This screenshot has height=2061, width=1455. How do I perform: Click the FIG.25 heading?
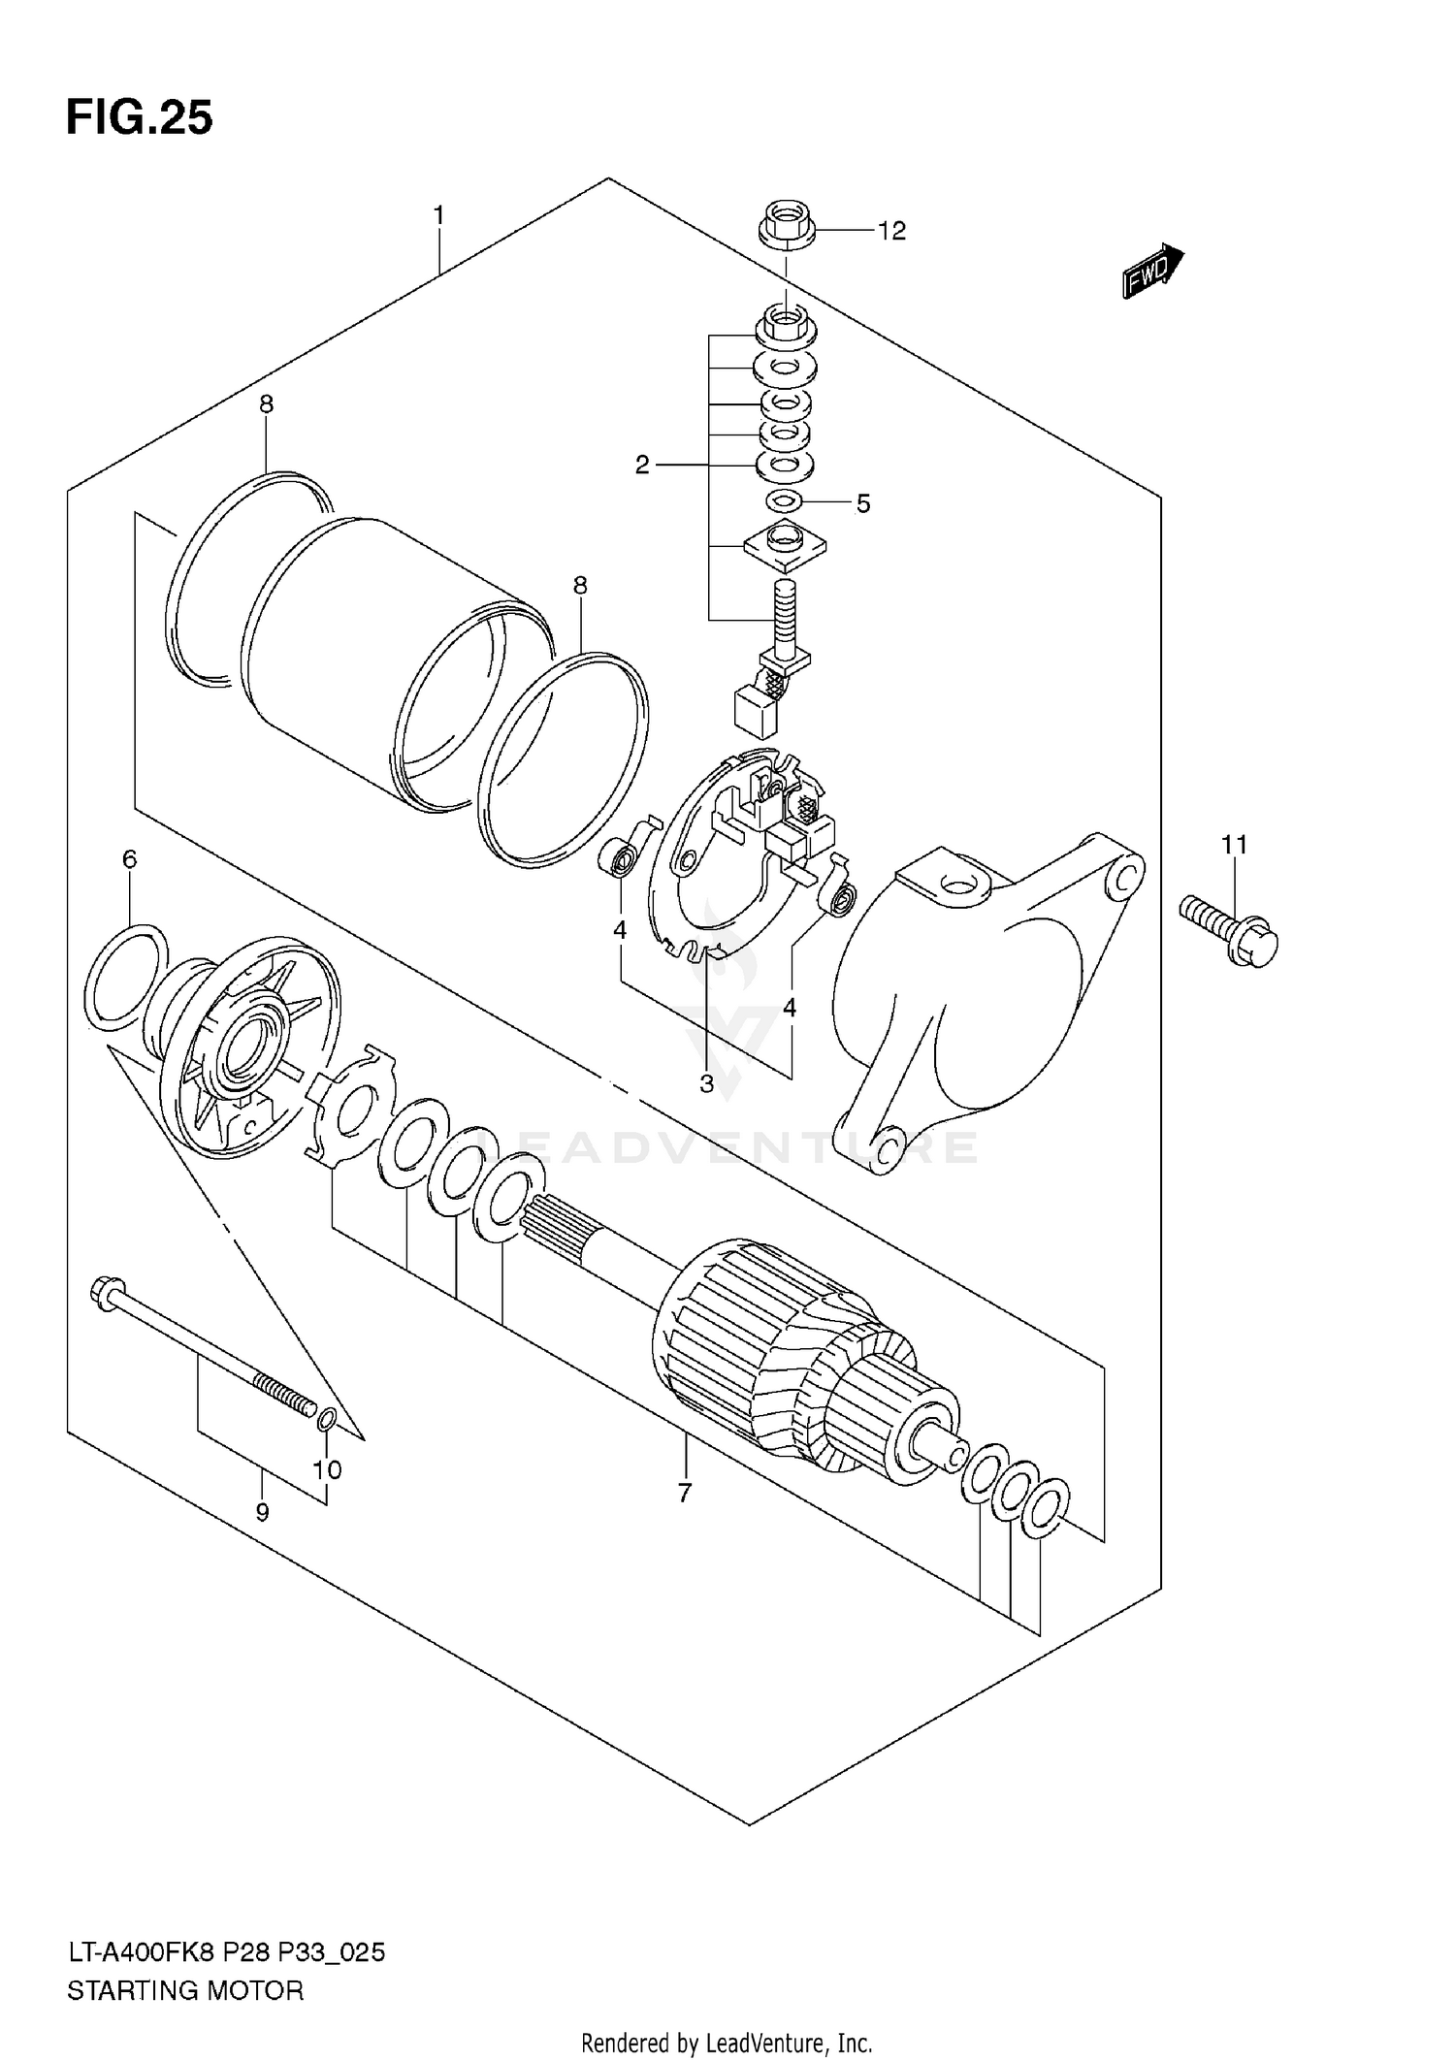(139, 118)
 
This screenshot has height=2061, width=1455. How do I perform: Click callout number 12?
(890, 231)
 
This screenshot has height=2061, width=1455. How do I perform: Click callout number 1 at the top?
(438, 214)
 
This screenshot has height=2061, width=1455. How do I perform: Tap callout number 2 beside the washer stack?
(642, 466)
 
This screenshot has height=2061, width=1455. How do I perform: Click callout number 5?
(862, 503)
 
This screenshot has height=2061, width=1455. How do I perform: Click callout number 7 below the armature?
(685, 1493)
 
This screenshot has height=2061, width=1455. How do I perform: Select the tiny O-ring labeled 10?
(327, 1419)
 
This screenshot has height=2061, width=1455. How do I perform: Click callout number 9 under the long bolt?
(262, 1511)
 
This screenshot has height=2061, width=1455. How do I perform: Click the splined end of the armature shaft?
(555, 1220)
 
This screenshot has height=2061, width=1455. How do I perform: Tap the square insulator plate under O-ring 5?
(786, 545)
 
